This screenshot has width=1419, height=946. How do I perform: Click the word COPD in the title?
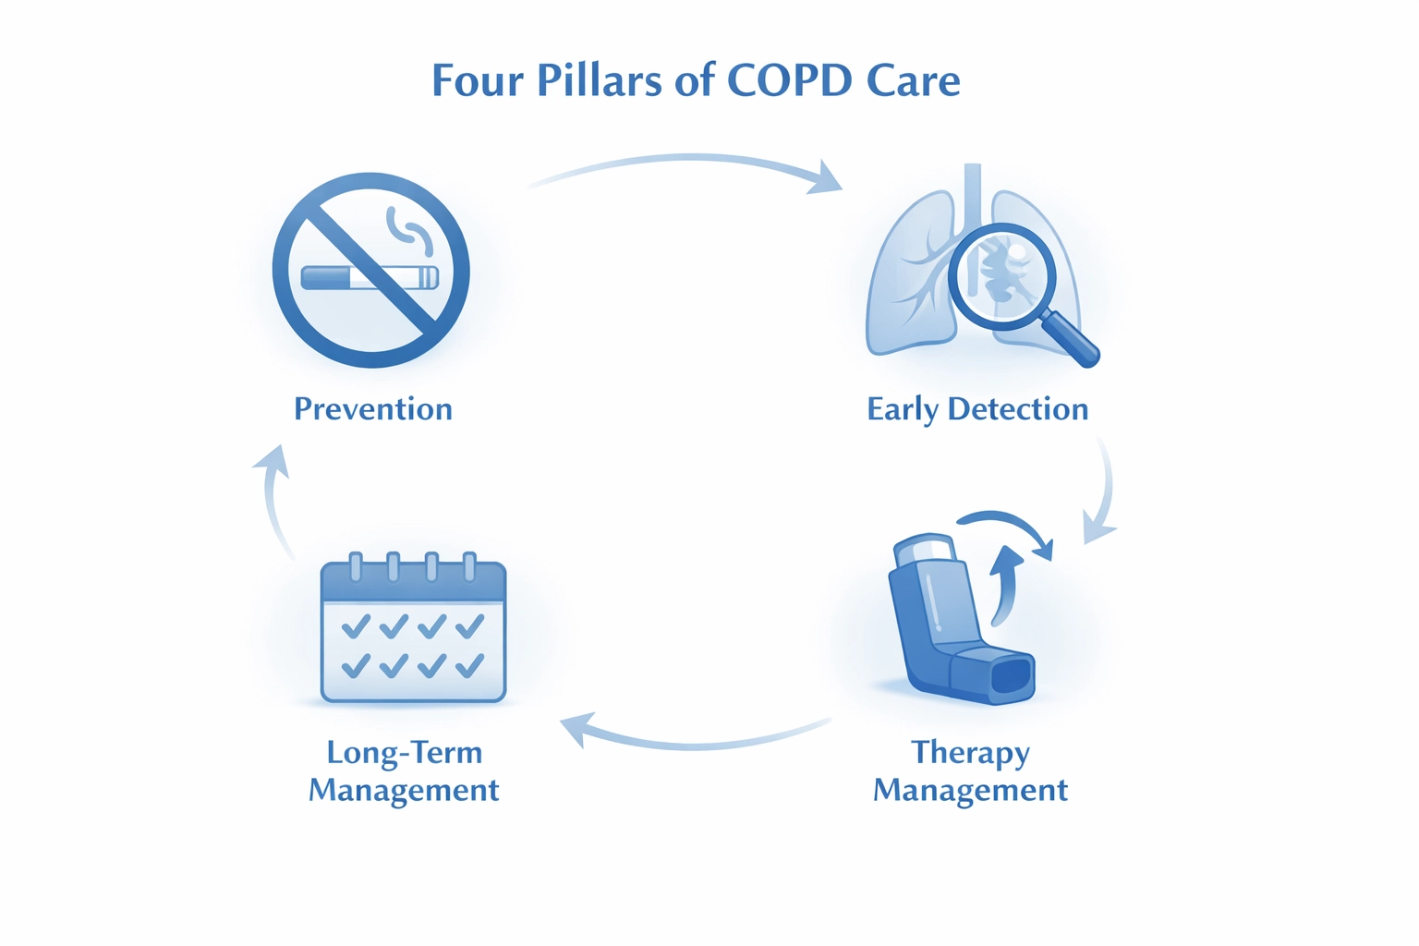(x=790, y=80)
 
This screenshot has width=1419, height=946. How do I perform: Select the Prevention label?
(x=373, y=408)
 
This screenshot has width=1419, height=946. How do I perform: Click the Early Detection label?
(x=977, y=408)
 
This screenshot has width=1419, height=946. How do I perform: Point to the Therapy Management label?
(x=970, y=770)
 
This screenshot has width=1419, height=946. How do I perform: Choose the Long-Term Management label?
(x=404, y=770)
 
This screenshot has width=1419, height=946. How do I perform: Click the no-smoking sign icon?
(x=370, y=270)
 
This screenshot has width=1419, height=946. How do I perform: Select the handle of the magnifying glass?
(x=1072, y=340)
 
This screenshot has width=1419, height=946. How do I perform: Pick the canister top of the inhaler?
(x=924, y=547)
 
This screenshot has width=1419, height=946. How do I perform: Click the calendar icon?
(x=413, y=630)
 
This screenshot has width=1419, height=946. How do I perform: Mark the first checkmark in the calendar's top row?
(x=356, y=627)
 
